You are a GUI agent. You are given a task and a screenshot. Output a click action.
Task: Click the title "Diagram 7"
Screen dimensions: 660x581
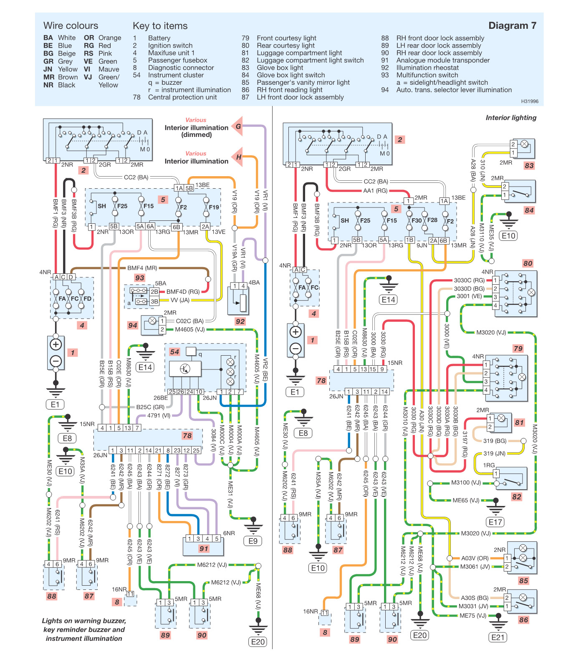click(x=512, y=26)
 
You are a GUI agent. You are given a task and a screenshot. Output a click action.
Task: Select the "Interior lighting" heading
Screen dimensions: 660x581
click(x=511, y=118)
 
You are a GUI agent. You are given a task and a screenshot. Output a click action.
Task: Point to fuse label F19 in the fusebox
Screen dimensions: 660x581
click(x=214, y=207)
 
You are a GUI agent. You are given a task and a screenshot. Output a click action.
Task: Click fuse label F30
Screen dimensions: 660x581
click(x=417, y=220)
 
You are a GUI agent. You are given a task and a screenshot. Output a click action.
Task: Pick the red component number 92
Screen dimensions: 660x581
click(x=240, y=321)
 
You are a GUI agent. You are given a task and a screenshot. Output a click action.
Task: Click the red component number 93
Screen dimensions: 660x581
click(x=139, y=278)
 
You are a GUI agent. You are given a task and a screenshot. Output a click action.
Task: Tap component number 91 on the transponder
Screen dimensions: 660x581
click(x=204, y=548)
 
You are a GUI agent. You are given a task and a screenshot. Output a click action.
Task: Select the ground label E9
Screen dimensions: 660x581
click(x=253, y=541)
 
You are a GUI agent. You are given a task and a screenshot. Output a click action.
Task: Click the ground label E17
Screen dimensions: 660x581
click(x=495, y=522)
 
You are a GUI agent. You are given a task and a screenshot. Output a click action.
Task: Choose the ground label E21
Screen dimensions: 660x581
click(x=498, y=637)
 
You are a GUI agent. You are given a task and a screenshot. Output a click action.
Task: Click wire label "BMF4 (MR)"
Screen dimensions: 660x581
click(x=142, y=268)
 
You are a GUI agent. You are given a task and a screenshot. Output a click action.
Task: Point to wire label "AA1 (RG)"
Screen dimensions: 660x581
click(x=375, y=191)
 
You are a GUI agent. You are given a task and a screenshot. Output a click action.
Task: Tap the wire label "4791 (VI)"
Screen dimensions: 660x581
click(x=159, y=415)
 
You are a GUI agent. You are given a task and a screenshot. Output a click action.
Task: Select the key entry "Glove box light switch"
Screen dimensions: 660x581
click(x=290, y=75)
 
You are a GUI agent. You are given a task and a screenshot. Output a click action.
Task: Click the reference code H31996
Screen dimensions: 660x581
click(x=530, y=101)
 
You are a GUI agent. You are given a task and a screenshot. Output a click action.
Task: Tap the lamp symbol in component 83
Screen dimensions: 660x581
click(x=525, y=144)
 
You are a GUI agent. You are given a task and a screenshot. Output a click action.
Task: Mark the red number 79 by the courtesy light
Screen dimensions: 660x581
click(x=518, y=348)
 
